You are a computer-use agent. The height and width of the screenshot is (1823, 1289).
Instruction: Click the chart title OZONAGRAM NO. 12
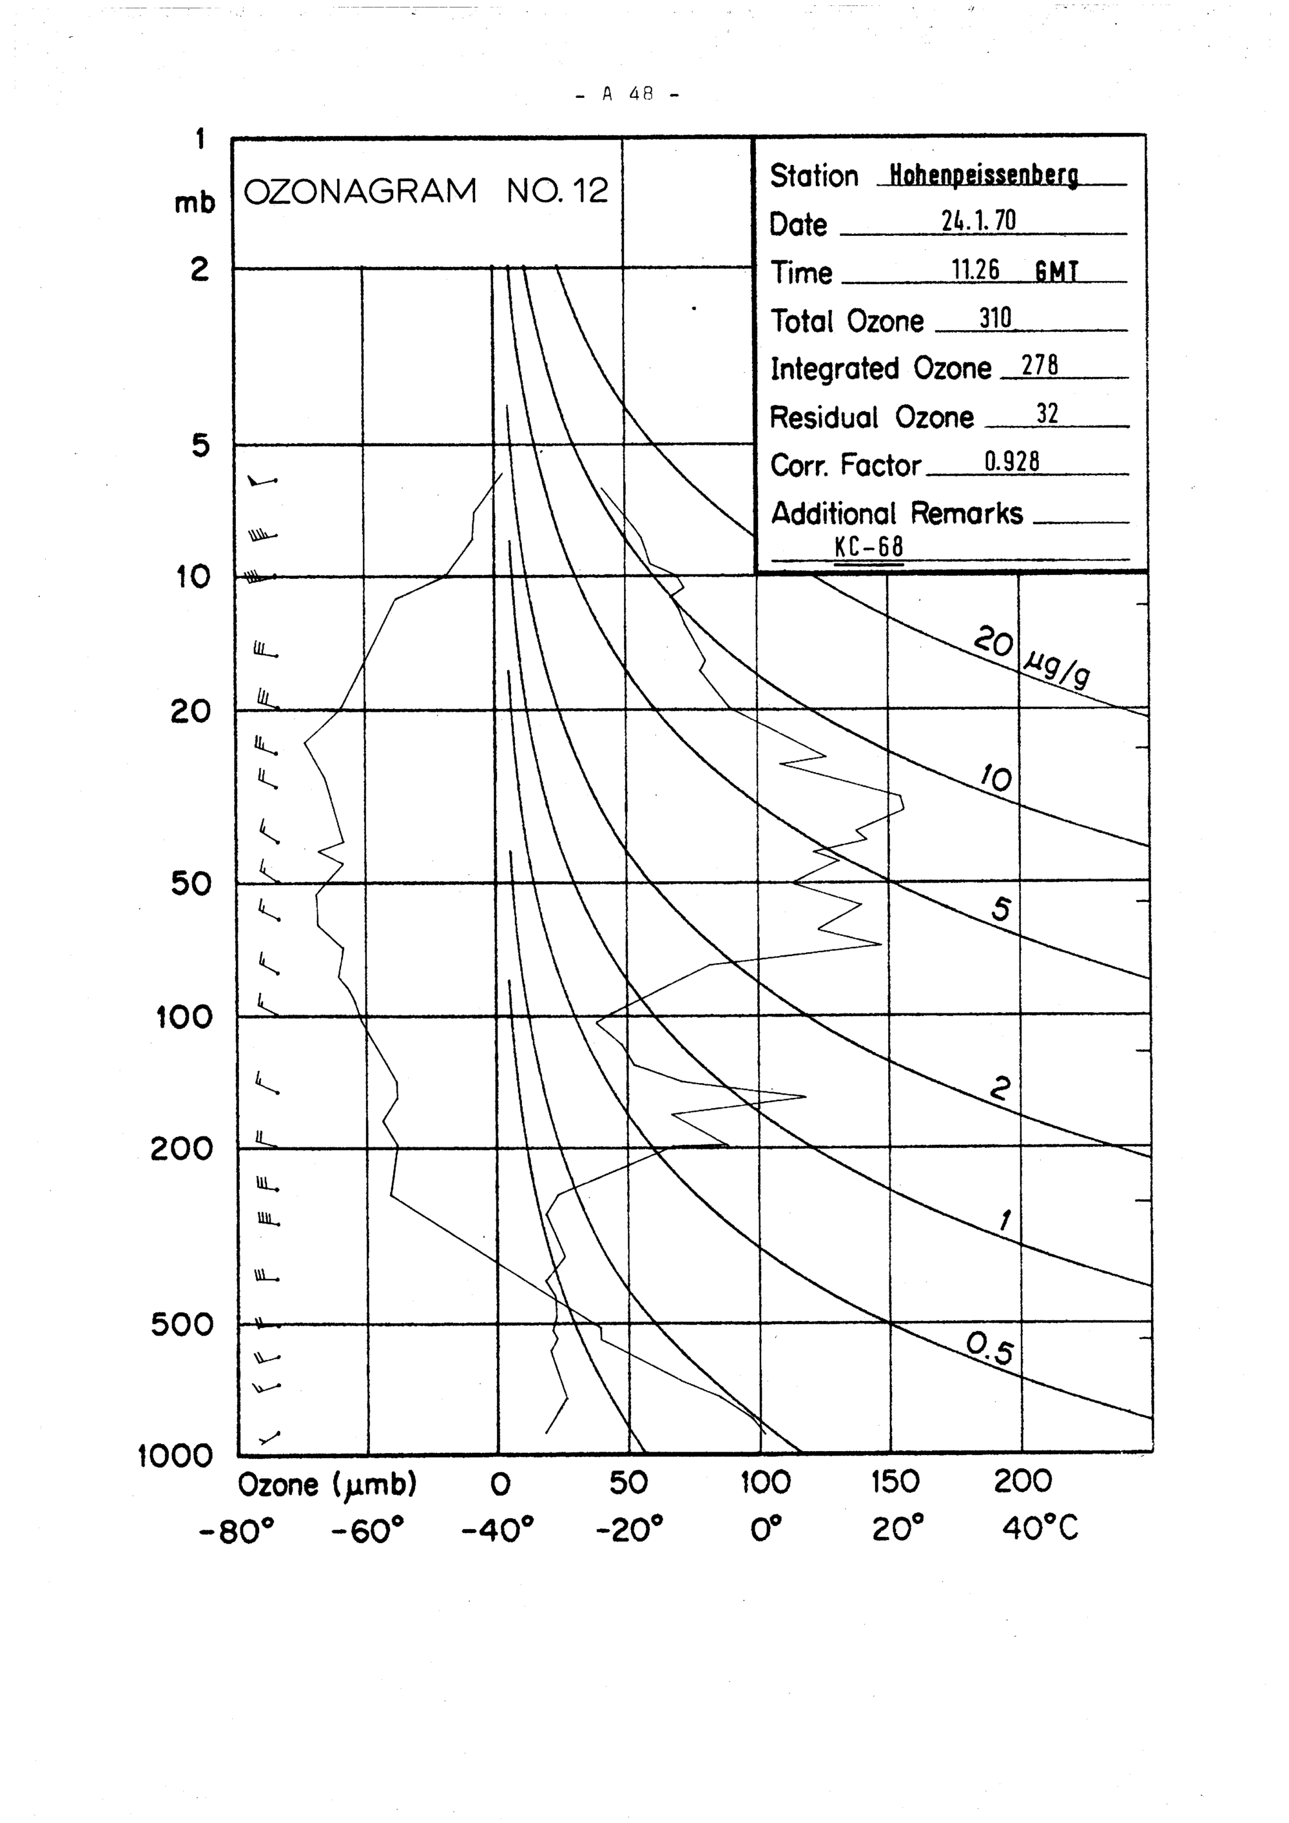[x=425, y=191]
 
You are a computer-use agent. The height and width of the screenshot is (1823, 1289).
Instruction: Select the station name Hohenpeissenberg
[x=983, y=175]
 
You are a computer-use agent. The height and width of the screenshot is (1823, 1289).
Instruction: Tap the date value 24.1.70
[x=978, y=222]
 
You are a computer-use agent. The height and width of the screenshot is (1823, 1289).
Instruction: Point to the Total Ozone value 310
[x=994, y=319]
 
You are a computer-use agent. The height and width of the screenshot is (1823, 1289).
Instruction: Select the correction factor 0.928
[x=1011, y=462]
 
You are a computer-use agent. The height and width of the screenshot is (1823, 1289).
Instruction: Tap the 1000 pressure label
[x=176, y=1456]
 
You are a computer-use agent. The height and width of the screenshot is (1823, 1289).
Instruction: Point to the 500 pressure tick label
[x=182, y=1324]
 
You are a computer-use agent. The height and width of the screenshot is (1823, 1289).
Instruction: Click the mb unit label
[x=195, y=204]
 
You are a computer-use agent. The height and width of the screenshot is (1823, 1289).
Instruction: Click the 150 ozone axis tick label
[x=895, y=1481]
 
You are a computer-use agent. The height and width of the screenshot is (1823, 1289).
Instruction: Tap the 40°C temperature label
[x=1040, y=1528]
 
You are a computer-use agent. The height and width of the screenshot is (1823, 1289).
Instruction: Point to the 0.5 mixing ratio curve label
[x=990, y=1350]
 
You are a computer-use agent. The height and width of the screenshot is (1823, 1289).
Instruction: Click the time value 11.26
[x=976, y=271]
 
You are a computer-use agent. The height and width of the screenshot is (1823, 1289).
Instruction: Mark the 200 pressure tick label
[x=182, y=1148]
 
